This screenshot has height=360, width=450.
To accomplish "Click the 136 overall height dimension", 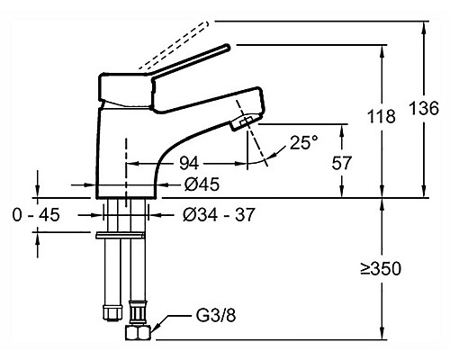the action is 424,108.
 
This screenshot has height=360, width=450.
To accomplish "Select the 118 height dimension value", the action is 382,116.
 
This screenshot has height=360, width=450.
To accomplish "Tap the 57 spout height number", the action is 341,163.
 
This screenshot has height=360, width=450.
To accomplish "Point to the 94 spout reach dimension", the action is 189,164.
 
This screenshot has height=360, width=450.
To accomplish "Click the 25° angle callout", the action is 303,142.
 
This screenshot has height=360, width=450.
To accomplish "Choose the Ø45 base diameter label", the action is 202,184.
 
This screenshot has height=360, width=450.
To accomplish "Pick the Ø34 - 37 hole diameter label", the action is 219,214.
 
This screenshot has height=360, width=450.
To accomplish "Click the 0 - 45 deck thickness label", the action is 36,215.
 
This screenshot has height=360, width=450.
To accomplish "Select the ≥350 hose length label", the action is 381,269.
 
